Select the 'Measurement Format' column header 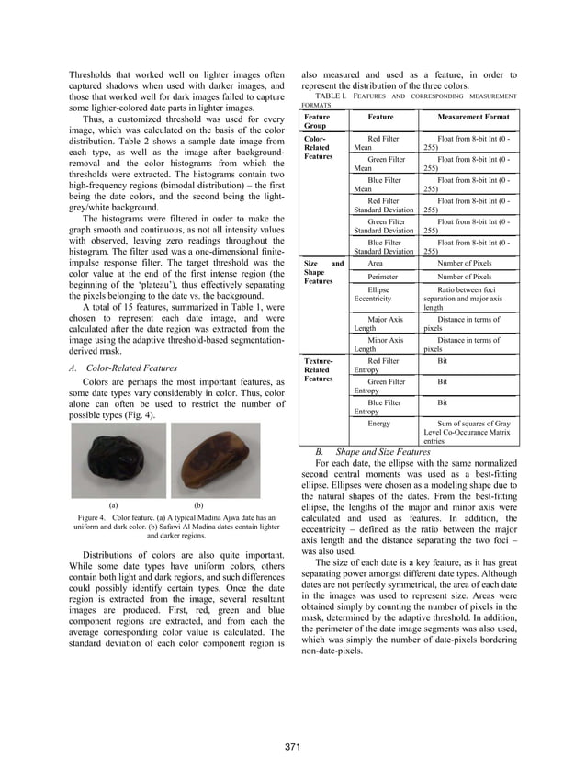coord(467,118)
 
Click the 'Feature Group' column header coord(318,122)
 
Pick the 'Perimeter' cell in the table coord(383,277)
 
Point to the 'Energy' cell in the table coord(378,424)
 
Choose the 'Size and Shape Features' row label coord(322,272)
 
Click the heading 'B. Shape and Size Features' coord(373,452)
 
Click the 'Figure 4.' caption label coord(96,518)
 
